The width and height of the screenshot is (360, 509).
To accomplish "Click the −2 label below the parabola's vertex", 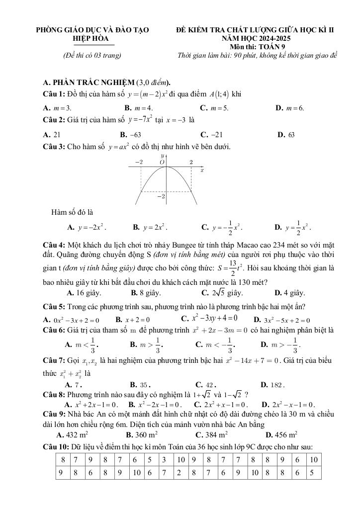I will [161, 197].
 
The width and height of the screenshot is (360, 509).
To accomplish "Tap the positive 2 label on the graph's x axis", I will [191, 162].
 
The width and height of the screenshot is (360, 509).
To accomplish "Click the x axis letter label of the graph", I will [202, 170].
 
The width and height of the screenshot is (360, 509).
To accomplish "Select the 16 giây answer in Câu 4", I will [82, 292].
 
